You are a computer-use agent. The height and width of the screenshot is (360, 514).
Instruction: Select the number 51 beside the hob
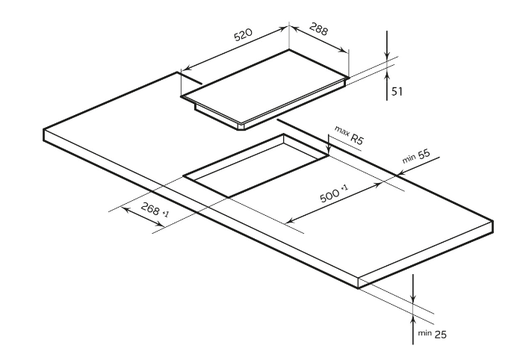(x=397, y=91)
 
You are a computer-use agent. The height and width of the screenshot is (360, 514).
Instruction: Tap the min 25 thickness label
(x=434, y=334)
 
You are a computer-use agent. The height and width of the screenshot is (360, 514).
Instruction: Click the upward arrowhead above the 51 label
(x=387, y=73)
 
